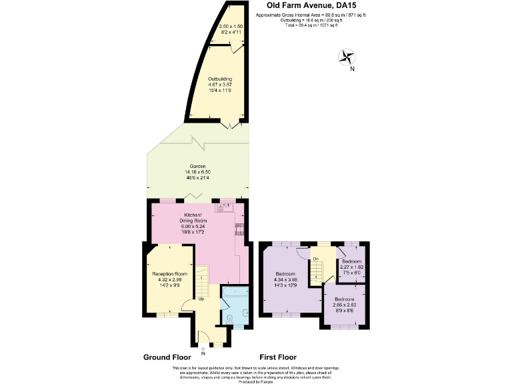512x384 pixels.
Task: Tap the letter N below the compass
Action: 353,69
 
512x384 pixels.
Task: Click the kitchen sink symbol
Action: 222,209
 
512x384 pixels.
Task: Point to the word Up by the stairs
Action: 201,299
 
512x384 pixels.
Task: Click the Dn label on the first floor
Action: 315,258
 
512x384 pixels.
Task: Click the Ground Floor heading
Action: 167,357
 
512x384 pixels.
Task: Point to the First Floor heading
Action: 278,357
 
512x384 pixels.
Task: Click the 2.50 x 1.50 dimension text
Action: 230,27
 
